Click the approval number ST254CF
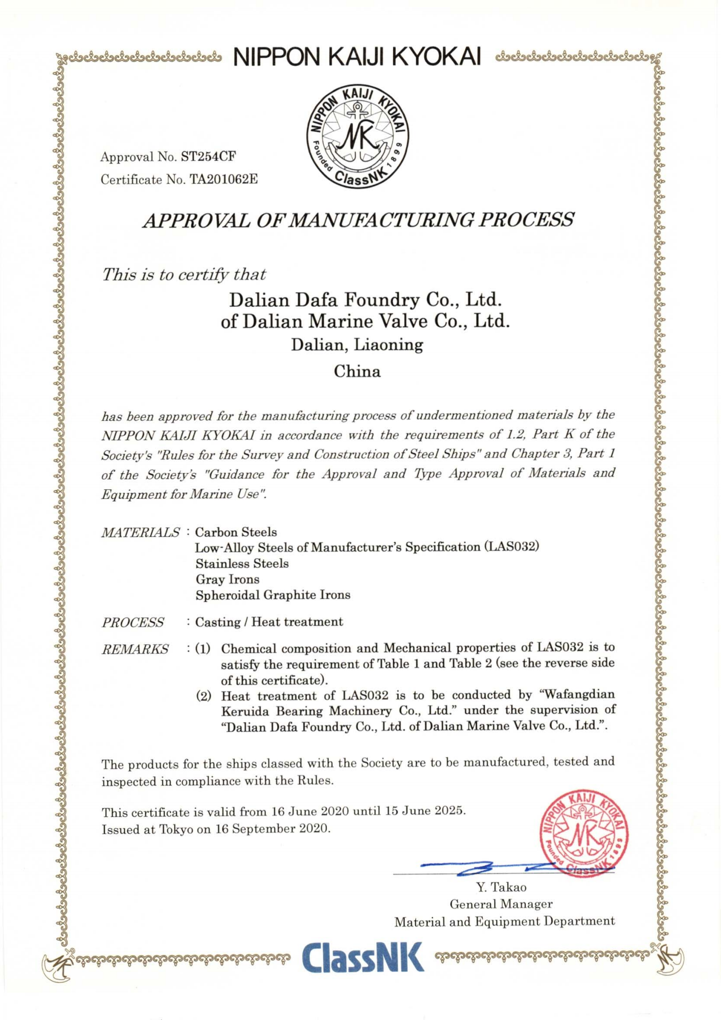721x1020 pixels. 208,156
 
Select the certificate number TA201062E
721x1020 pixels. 223,179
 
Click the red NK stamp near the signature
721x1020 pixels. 584,833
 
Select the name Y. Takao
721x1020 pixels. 501,887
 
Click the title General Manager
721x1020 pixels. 501,904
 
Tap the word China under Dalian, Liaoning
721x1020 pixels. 357,371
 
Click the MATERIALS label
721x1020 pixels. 141,532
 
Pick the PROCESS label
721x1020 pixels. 133,622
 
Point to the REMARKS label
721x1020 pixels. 135,649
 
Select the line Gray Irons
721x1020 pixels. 227,579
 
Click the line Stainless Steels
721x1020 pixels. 242,563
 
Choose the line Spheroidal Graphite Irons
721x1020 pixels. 273,595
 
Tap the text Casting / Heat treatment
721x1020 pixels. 269,622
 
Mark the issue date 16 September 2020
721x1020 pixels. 273,829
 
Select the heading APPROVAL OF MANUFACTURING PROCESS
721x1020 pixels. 358,220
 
